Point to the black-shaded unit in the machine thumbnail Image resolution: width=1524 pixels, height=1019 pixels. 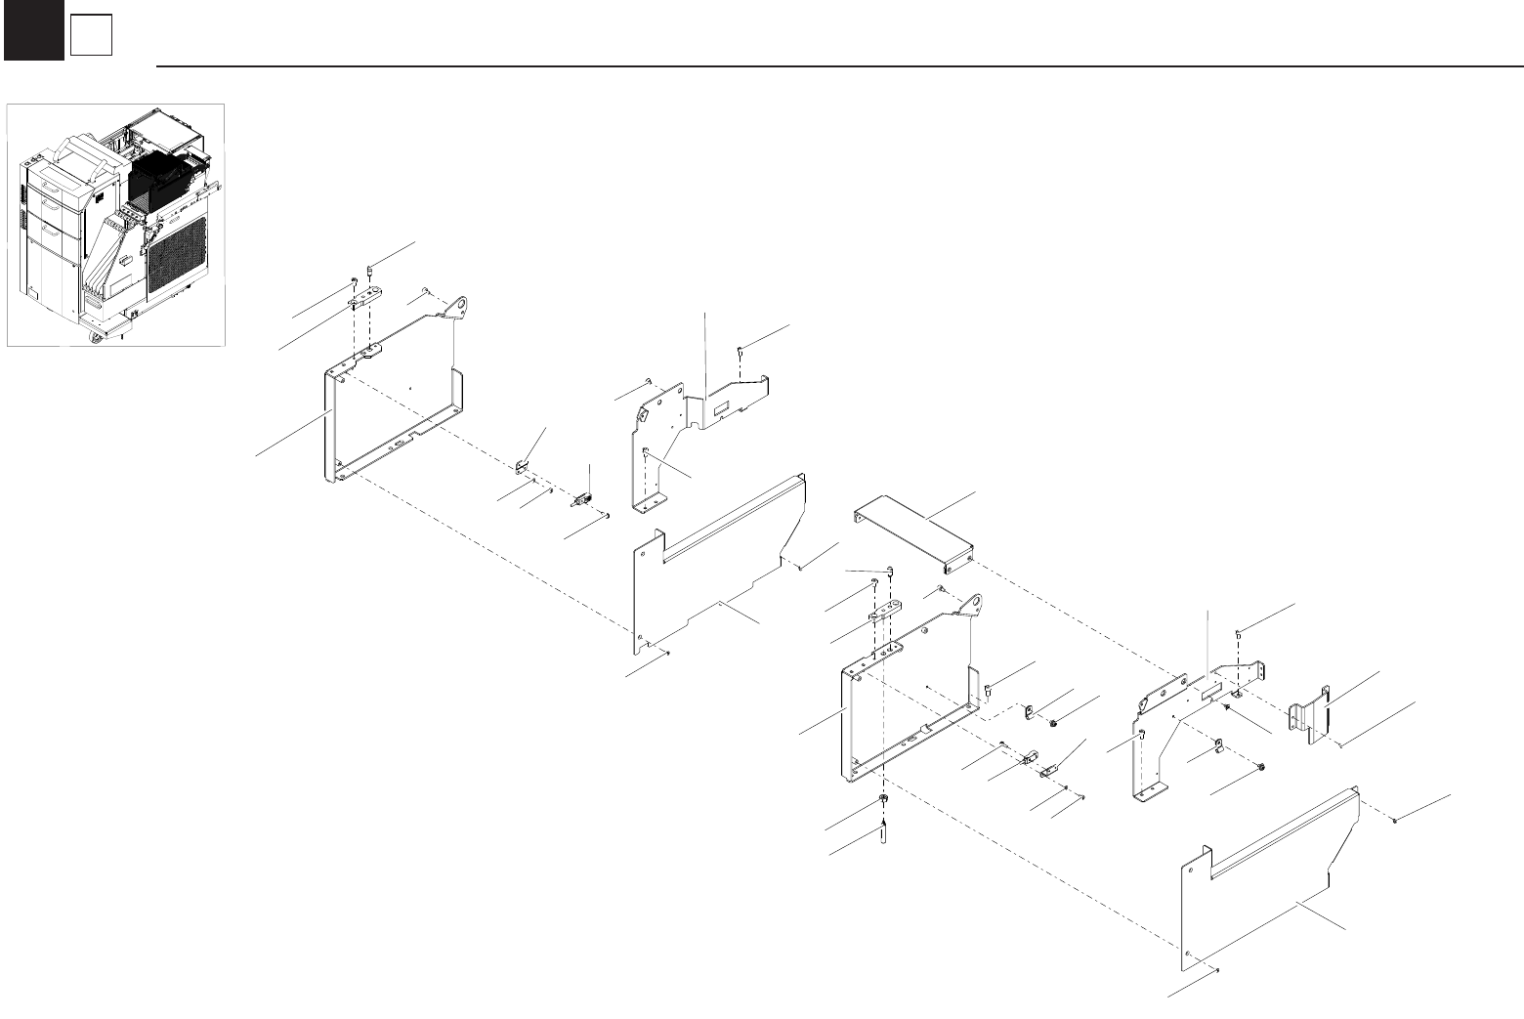(x=156, y=181)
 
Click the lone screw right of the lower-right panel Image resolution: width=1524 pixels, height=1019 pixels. (x=1394, y=822)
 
